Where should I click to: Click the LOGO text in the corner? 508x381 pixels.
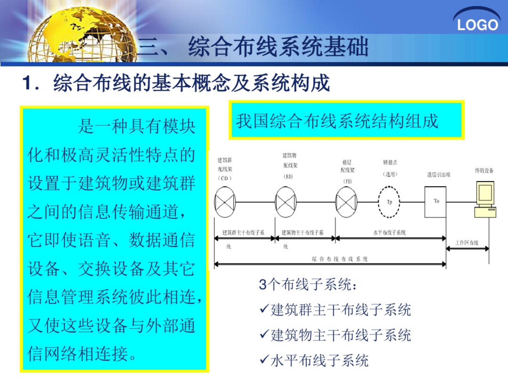[x=477, y=25]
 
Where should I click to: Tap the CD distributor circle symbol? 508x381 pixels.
[x=225, y=202]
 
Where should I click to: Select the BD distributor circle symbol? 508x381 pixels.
[x=286, y=202]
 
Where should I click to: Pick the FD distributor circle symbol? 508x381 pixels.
[x=346, y=202]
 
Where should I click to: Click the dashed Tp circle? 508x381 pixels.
[x=389, y=202]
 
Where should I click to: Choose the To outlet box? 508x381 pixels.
[x=435, y=202]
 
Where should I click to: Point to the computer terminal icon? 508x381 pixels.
[x=485, y=199]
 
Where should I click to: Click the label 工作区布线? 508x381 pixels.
[x=467, y=243]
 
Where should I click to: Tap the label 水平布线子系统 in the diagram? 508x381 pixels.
[x=389, y=232]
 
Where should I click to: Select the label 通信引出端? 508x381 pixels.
[x=439, y=174]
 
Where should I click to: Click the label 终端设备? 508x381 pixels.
[x=484, y=170]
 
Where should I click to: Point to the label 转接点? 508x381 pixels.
[x=390, y=162]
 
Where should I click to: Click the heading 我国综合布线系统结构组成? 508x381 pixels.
[x=337, y=121]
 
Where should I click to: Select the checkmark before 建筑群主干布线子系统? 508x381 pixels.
[x=264, y=308]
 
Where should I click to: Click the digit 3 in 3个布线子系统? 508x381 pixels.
[x=263, y=284]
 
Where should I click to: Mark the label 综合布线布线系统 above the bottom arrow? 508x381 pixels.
[x=340, y=259]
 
